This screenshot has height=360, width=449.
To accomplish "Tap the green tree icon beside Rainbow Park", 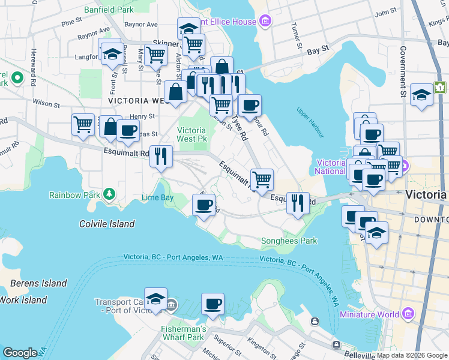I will coord(109,194).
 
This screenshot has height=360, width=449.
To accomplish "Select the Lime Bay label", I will coord(157,197).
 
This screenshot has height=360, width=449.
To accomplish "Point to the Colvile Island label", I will coord(107,224).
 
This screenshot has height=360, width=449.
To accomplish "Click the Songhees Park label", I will coord(289,241).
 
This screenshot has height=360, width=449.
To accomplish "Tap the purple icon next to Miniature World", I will coord(408,314).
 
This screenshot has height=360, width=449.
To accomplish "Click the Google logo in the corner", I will coord(19,353).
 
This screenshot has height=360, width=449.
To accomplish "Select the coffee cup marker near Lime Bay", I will coord(203,205).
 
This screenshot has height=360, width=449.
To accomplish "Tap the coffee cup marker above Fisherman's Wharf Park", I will coord(212,304).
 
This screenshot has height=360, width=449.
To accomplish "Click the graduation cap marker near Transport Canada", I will coord(155,299).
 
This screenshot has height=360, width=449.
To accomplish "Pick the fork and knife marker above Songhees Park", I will coord(298,203).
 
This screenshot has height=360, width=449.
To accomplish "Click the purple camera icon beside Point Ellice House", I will coord(265,23).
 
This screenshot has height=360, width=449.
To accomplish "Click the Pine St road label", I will coord(71,21).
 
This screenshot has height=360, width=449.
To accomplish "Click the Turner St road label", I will coord(295,35).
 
